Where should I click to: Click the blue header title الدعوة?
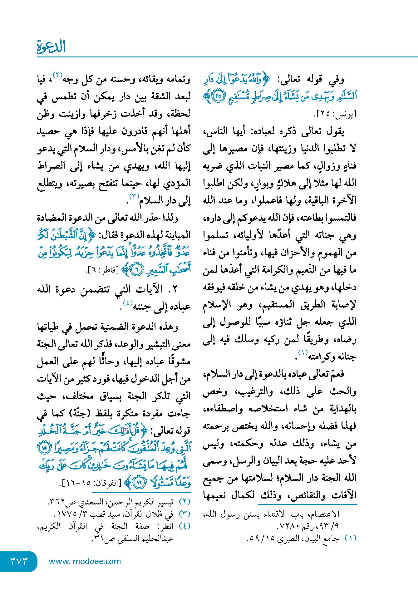[x=51, y=47]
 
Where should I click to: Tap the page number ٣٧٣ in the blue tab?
[x=19, y=561]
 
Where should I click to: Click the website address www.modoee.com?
[x=85, y=561]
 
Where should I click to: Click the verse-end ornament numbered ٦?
[x=136, y=269]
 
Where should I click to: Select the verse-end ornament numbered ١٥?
[x=44, y=448]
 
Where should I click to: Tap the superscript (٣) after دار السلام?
[x=134, y=197]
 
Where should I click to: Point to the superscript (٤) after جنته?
[x=127, y=302]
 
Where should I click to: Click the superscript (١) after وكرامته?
[x=302, y=353]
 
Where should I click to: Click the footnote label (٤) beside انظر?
[x=184, y=526]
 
